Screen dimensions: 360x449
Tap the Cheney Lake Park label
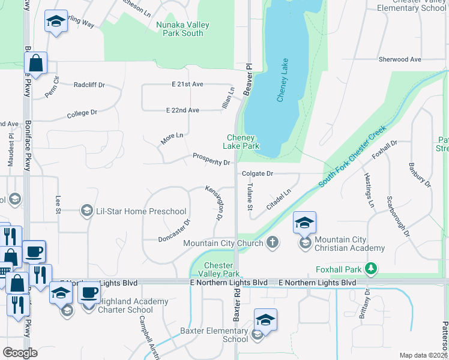(241, 142)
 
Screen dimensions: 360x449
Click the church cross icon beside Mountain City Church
(273, 243)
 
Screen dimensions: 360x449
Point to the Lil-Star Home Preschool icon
(86, 211)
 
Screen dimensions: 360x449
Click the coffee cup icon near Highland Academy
(89, 293)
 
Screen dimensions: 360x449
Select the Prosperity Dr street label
(211, 160)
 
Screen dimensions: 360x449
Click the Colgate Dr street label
(258, 173)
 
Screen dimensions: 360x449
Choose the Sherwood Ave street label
(400, 59)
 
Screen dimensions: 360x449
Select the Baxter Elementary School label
(214, 335)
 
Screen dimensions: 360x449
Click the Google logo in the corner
(20, 353)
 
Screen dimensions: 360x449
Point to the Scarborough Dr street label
(398, 215)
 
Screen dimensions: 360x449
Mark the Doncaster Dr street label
(175, 230)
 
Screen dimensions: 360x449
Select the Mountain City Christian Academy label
(349, 244)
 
